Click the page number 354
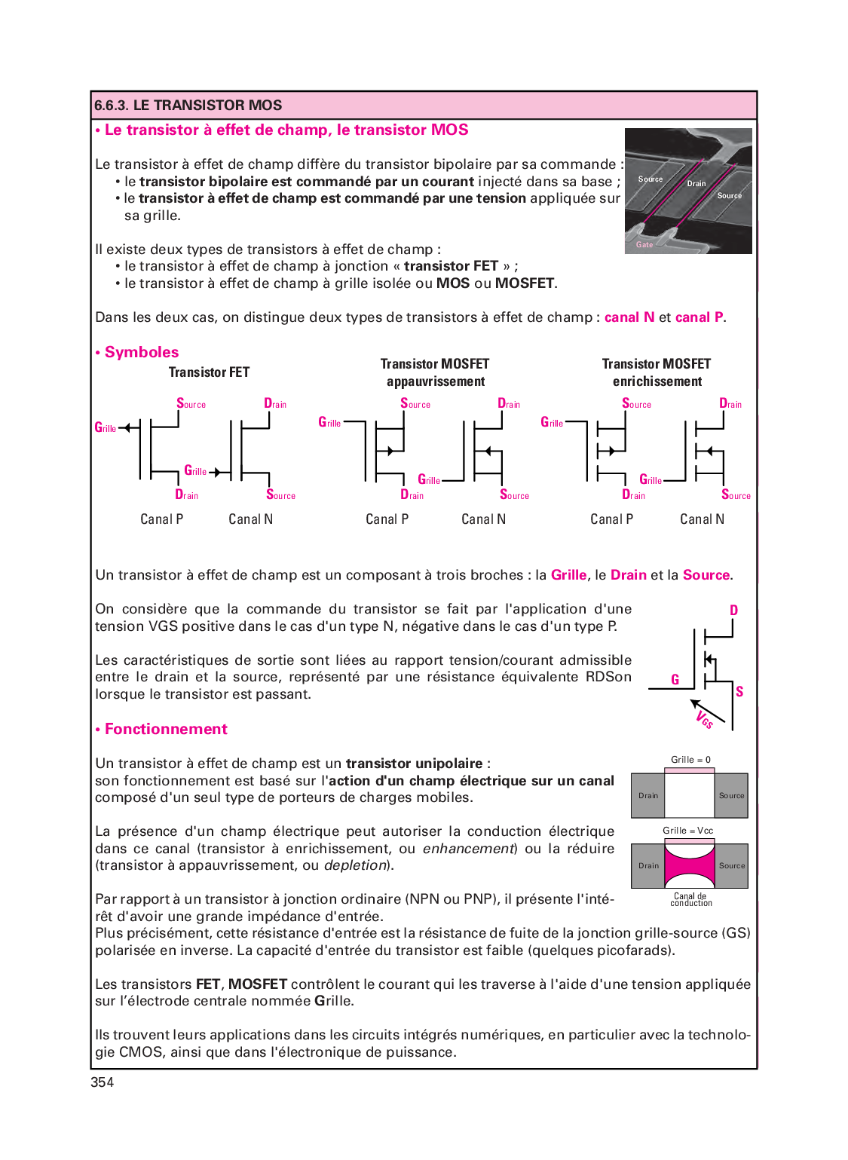tap(102, 1082)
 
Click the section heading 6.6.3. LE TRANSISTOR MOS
tap(188, 106)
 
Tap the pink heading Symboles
tap(141, 352)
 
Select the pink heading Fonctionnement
tap(166, 729)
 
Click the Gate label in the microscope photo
tap(644, 244)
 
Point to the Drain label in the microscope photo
tap(696, 184)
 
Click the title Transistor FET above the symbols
tap(209, 372)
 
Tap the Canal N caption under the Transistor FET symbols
tap(250, 519)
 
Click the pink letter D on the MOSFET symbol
tap(733, 610)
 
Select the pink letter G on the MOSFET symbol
tap(675, 680)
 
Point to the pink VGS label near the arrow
tap(705, 719)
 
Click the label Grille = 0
tap(690, 760)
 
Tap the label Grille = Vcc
tap(687, 831)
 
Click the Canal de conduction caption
tap(690, 899)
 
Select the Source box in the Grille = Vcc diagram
tap(731, 866)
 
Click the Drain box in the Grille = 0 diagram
tap(648, 796)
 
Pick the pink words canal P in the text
tap(699, 317)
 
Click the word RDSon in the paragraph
tap(608, 677)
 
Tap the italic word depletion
tap(355, 865)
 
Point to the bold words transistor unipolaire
tap(414, 764)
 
